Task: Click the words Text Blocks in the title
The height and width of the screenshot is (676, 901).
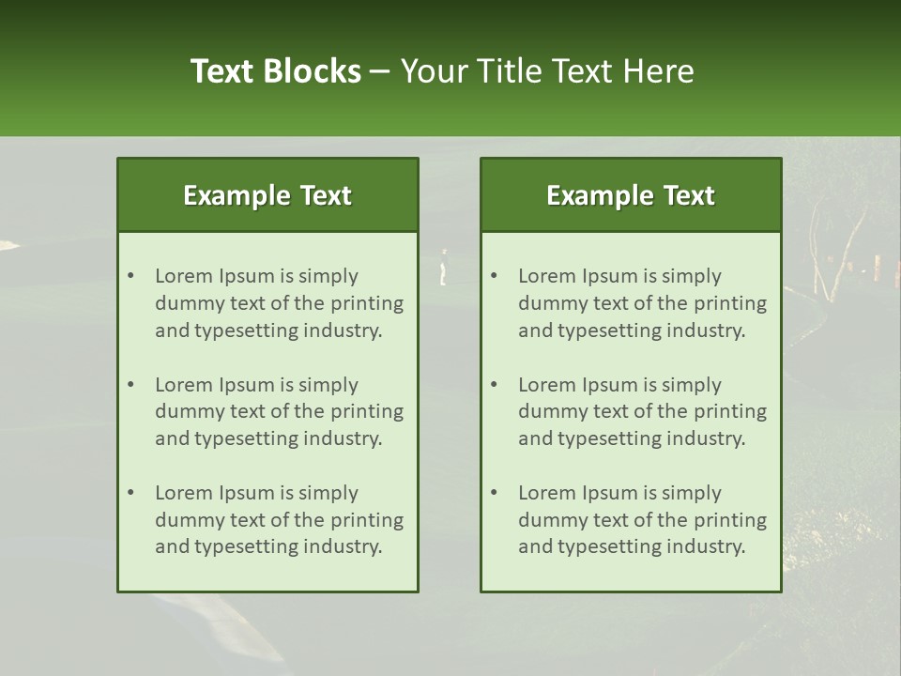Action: [x=275, y=71]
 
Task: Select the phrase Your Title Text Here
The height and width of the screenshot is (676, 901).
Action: [x=547, y=71]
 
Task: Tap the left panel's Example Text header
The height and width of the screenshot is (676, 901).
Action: [x=267, y=195]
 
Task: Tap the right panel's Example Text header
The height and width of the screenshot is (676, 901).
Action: [x=631, y=195]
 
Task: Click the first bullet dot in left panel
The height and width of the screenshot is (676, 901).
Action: [x=130, y=276]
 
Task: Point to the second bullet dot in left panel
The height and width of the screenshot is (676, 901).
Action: [x=130, y=385]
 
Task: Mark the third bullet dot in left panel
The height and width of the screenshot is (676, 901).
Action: [x=130, y=493]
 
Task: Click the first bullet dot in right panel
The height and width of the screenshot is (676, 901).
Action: [x=494, y=276]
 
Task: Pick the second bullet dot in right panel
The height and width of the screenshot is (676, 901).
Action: [x=494, y=385]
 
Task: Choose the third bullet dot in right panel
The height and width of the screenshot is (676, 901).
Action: [x=494, y=493]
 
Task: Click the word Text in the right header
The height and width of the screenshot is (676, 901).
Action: [x=690, y=195]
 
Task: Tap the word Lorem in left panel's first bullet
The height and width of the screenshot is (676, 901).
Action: [x=184, y=276]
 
